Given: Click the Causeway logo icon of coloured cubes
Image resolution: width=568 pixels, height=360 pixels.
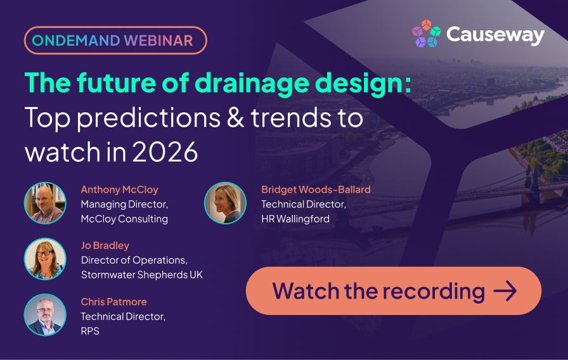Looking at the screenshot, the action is click(427, 34).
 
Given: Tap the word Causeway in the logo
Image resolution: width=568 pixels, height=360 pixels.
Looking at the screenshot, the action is click(496, 35).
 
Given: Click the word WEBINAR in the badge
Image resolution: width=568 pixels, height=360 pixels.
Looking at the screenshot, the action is click(158, 41).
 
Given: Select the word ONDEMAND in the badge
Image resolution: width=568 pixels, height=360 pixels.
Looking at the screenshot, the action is click(75, 41).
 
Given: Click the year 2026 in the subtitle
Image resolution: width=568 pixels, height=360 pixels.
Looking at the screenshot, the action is click(165, 151).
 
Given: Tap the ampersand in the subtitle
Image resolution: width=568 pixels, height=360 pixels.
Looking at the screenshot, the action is click(235, 118).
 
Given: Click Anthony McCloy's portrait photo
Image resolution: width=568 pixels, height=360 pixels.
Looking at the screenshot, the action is click(45, 203).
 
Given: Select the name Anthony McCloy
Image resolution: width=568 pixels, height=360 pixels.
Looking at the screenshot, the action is click(120, 190).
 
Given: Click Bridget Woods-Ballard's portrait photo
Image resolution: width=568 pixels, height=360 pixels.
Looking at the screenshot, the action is click(225, 203).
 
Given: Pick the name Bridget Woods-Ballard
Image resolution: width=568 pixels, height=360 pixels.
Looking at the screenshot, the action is click(316, 190).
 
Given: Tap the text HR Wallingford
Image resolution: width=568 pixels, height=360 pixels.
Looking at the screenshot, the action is click(295, 219).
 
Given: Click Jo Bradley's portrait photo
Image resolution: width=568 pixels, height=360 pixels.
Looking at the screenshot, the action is click(45, 259).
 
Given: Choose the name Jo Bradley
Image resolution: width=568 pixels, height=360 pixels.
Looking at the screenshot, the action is click(105, 245).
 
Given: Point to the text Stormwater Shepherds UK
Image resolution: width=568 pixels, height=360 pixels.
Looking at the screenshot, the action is click(142, 274).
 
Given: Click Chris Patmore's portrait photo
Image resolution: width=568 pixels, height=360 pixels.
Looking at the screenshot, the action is click(45, 315).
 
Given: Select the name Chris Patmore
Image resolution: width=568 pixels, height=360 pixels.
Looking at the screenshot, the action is click(113, 302).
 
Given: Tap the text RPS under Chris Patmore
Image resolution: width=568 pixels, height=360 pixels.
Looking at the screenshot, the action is click(90, 331).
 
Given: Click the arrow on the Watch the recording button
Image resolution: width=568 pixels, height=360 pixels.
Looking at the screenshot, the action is click(505, 291).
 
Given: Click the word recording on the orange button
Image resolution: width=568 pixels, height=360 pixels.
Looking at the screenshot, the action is click(434, 292).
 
